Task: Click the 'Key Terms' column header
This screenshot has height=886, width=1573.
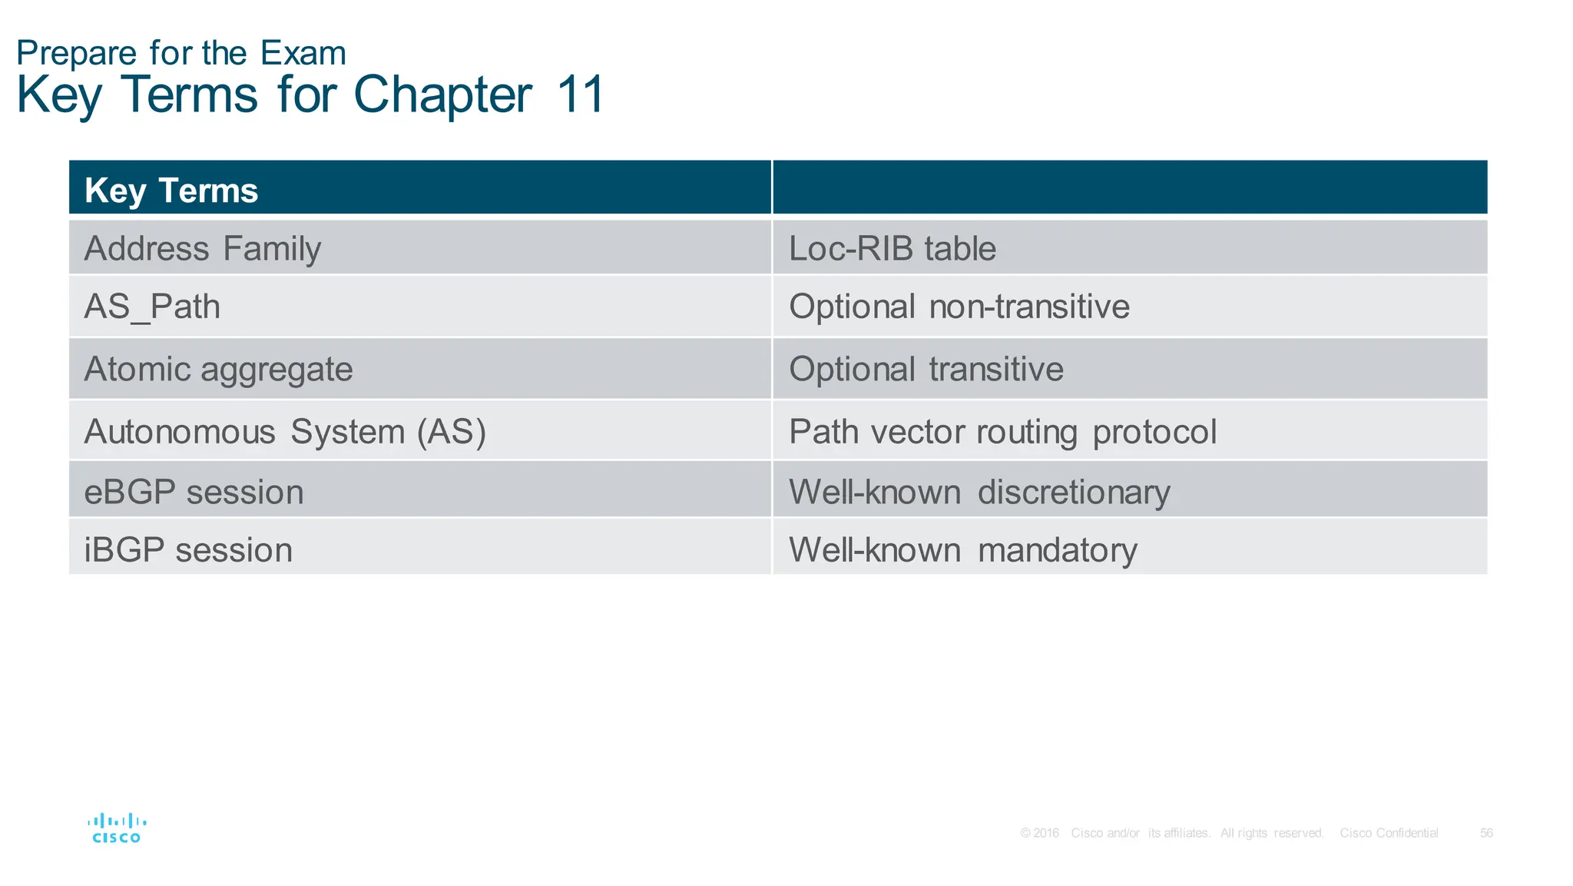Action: click(x=171, y=190)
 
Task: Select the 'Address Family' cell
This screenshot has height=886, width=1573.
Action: click(x=203, y=248)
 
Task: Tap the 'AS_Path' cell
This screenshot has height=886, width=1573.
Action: click(x=152, y=307)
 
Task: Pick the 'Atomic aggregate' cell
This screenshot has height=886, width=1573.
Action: click(x=218, y=369)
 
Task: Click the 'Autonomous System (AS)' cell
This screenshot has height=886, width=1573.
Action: click(x=285, y=431)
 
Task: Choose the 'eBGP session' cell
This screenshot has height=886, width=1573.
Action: click(x=194, y=492)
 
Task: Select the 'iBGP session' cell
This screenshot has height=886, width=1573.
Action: click(x=188, y=549)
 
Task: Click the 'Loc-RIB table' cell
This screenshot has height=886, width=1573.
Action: click(x=892, y=248)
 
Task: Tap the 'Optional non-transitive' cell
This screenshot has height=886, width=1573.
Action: click(x=959, y=307)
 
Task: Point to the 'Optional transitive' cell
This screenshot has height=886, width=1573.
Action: click(x=926, y=369)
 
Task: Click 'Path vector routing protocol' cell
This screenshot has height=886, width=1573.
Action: click(x=1002, y=431)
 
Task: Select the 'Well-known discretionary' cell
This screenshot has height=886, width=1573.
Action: click(x=979, y=492)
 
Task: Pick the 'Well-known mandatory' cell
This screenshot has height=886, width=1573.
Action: click(x=962, y=549)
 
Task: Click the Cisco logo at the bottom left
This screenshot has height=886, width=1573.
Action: click(x=117, y=828)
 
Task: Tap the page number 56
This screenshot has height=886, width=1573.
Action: click(x=1486, y=833)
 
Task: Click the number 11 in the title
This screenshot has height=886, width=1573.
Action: click(x=581, y=95)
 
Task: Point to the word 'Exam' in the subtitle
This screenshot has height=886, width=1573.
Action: click(x=303, y=53)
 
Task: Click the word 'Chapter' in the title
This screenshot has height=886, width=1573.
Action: click(x=442, y=95)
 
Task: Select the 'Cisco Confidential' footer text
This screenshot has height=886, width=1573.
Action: click(x=1389, y=833)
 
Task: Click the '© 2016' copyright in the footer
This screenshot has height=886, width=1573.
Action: click(x=1040, y=833)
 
